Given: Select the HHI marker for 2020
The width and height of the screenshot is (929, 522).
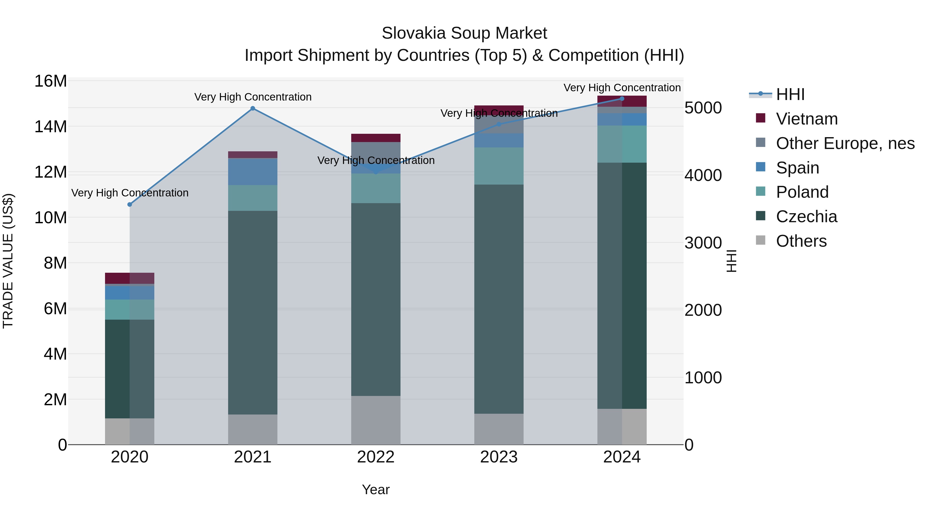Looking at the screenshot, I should tap(130, 205).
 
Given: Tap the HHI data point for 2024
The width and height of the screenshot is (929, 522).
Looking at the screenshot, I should tap(622, 99).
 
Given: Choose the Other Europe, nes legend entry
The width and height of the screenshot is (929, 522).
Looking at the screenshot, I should tap(845, 143).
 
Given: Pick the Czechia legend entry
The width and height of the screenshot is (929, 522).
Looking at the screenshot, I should tap(806, 217).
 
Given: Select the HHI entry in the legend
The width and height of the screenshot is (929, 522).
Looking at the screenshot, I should tap(790, 94).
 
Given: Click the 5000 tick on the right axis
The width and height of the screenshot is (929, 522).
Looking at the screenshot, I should tap(703, 108).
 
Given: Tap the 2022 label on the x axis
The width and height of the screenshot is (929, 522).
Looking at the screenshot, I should tap(376, 457).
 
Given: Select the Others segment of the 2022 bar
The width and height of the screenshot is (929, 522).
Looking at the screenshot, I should tap(376, 420).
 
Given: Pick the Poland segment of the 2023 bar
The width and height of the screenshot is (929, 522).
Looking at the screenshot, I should tap(499, 166).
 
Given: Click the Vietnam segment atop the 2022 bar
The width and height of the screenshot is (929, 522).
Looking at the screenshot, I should tap(376, 138).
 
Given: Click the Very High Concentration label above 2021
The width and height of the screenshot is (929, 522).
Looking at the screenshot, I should tap(253, 97).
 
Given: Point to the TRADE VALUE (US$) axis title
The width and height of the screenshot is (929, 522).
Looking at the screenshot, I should tap(8, 261).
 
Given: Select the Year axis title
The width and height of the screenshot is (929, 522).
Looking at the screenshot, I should tap(376, 490).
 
